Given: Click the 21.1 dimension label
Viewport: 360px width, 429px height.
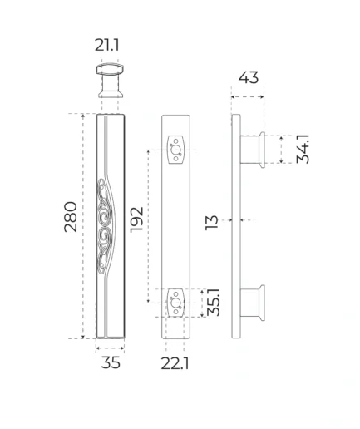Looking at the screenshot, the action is click(x=107, y=45).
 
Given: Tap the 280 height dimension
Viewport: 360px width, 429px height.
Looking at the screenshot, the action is click(x=71, y=217).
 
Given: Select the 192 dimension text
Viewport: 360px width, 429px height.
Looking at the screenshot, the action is click(x=136, y=219).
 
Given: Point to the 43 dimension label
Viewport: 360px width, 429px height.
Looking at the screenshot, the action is click(x=249, y=77).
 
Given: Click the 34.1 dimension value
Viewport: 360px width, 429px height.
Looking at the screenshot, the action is click(x=303, y=149).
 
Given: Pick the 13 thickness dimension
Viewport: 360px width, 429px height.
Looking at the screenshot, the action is click(x=212, y=222).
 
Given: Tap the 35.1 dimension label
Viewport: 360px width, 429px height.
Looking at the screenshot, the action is click(x=214, y=302).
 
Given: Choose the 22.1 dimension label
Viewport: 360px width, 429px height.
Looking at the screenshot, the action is click(x=175, y=363).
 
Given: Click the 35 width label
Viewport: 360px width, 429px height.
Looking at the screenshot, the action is click(x=111, y=362).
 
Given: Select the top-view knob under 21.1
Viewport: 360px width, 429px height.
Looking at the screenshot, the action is click(x=110, y=81).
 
